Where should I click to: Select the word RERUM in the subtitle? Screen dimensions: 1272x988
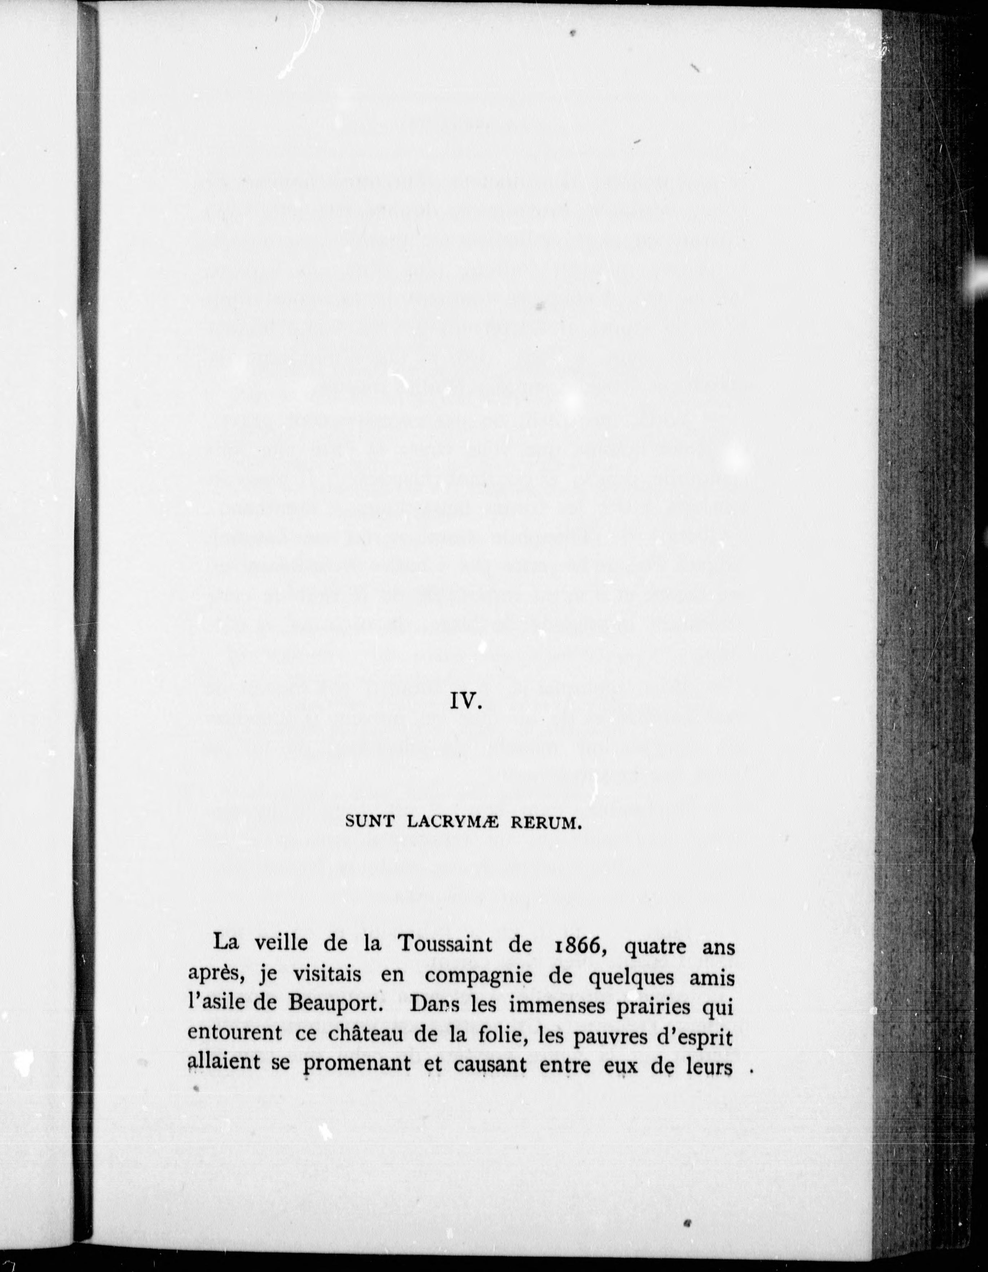click(545, 823)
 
